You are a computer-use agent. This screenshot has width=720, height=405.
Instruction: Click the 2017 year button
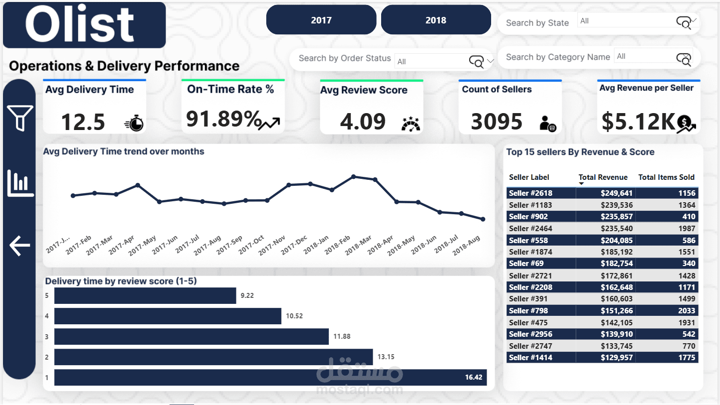coord(321,20)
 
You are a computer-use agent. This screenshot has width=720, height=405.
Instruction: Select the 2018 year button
coord(435,20)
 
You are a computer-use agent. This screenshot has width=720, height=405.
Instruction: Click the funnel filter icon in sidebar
coord(20,118)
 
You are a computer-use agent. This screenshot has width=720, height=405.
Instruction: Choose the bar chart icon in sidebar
coord(20,183)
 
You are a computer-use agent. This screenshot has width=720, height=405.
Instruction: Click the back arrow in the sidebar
coord(20,246)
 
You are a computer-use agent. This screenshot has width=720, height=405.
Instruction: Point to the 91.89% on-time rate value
coord(223,119)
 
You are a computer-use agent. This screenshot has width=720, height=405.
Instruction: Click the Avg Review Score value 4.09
coord(363,122)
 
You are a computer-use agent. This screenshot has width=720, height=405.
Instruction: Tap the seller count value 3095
coord(497,122)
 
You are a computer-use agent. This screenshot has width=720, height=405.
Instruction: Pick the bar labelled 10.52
coord(168,316)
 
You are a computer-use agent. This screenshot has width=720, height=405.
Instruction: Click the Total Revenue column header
coord(603,177)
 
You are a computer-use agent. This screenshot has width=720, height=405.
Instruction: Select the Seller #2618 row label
coord(530,193)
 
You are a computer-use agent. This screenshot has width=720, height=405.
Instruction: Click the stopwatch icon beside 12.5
coord(134,123)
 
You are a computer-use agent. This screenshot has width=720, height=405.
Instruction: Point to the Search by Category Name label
coord(558,57)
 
